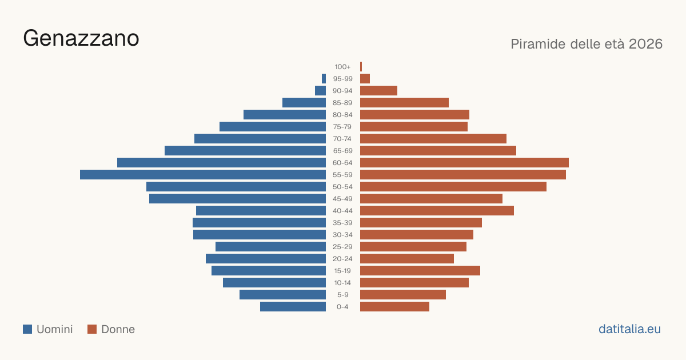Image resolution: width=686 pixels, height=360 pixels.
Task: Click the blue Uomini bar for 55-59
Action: [203, 174]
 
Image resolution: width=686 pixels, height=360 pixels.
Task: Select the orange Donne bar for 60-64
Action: [464, 162]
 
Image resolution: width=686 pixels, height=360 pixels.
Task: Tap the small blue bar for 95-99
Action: [324, 79]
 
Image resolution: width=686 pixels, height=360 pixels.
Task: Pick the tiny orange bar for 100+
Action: [361, 66]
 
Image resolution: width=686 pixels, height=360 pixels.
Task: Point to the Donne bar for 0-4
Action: [395, 306]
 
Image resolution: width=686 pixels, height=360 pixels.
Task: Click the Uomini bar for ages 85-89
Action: [304, 102]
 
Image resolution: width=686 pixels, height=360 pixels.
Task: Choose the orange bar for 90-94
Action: [378, 91]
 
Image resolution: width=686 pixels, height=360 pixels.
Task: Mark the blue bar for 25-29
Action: [271, 246]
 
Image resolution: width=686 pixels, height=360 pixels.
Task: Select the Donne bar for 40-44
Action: [437, 211]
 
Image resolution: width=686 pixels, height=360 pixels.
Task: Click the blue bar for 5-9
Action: [282, 294]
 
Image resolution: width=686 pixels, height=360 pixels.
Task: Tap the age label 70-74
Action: [342, 139]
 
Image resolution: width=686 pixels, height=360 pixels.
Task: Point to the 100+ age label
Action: [342, 67]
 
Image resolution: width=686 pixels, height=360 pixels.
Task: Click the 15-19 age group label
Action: [342, 271]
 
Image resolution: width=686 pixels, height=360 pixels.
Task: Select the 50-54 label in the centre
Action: [342, 187]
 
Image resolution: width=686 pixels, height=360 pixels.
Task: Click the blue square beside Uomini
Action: [27, 329]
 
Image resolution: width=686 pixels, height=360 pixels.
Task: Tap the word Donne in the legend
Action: [118, 329]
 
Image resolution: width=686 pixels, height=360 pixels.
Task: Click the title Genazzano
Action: [81, 38]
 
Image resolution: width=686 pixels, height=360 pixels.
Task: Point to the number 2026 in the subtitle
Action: [645, 44]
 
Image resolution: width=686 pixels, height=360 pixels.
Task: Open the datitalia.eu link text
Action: [629, 329]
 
